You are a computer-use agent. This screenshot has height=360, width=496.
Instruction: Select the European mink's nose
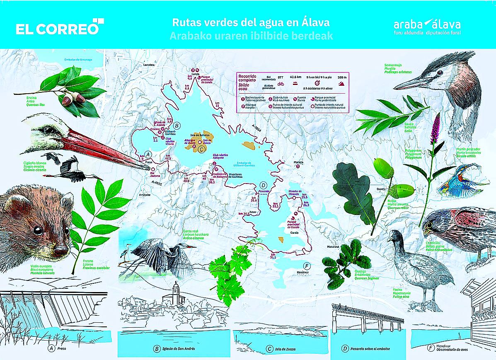(x=61, y=250)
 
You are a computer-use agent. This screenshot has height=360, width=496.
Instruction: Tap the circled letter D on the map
(x=263, y=186)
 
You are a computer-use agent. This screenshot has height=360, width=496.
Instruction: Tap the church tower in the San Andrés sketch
(x=175, y=292)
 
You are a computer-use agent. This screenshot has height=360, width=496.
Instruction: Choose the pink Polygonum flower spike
(x=436, y=128)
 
